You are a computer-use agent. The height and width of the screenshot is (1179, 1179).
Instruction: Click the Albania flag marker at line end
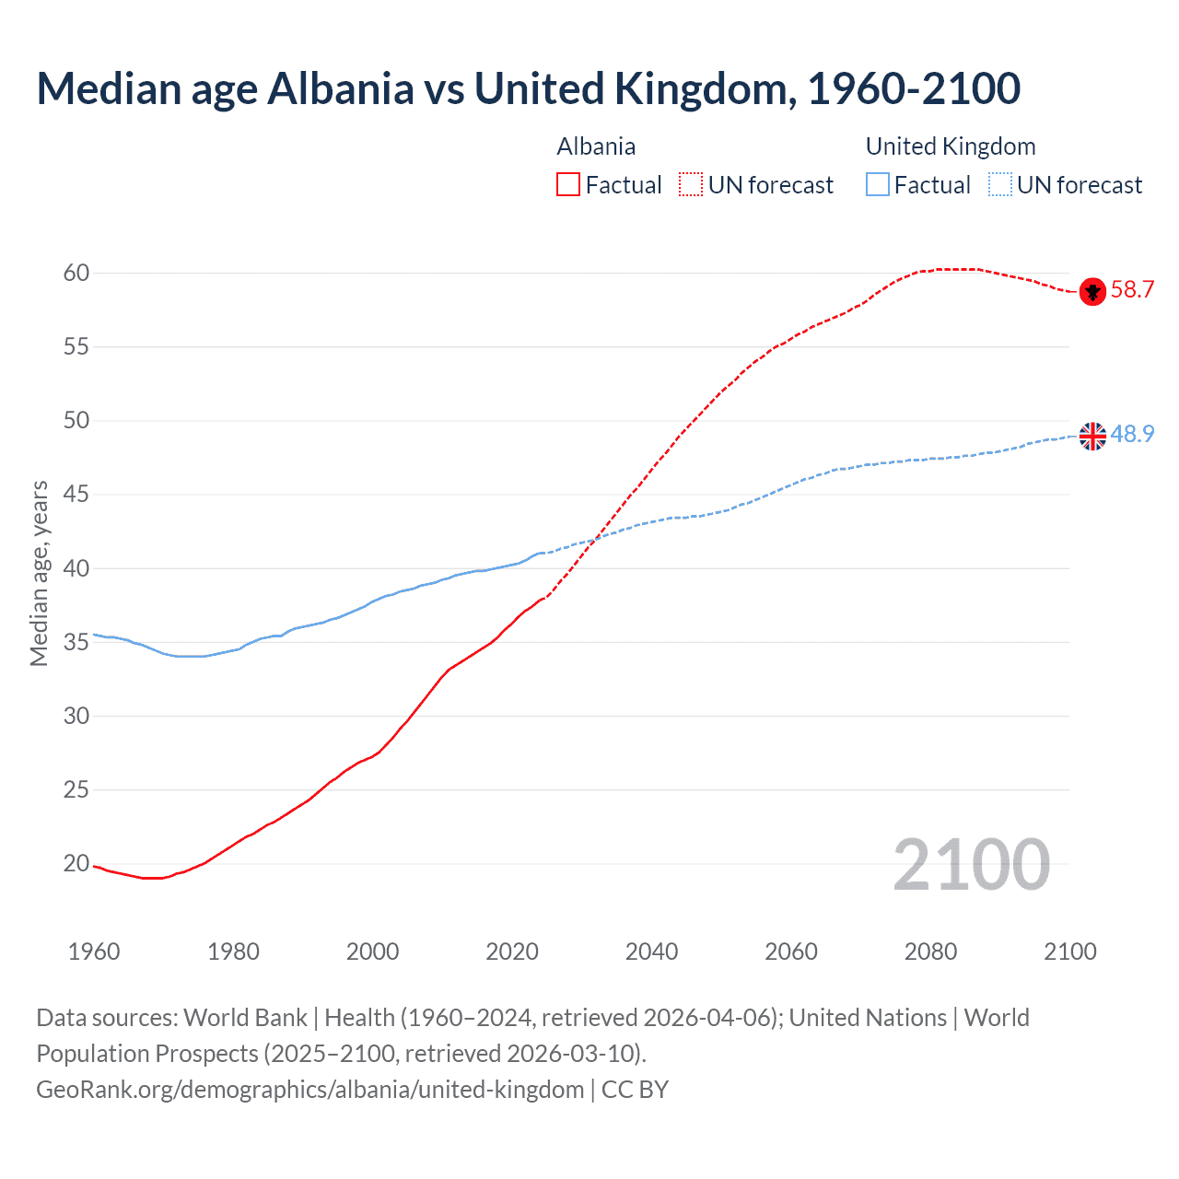coord(1092,291)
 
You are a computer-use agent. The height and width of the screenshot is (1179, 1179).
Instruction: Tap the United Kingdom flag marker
coord(1092,436)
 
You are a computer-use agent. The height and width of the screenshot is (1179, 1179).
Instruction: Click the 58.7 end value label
coord(1132,290)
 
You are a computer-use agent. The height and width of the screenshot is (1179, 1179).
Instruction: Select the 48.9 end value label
coord(1132,434)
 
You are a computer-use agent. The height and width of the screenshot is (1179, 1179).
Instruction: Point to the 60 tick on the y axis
coord(76,273)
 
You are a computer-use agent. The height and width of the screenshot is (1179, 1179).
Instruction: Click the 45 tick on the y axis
coord(76,495)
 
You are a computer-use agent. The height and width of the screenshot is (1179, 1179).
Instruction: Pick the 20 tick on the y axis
coord(76,863)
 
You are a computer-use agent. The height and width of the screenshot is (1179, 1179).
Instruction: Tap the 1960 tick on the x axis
coord(94,951)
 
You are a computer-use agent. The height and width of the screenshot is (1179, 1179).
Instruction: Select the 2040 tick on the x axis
coord(651,951)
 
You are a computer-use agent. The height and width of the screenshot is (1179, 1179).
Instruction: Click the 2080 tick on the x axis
coord(930,951)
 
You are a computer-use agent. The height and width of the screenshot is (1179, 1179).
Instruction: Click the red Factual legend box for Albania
coord(568,185)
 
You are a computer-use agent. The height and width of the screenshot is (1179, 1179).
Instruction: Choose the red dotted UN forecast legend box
coord(691,185)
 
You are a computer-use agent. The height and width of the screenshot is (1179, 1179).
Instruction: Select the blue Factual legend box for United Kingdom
coord(878,185)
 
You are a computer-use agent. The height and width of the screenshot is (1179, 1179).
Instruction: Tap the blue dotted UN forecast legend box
coord(999,185)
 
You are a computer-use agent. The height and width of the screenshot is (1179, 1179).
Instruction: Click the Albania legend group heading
coord(596,146)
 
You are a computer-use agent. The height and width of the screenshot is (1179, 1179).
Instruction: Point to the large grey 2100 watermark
coord(972,865)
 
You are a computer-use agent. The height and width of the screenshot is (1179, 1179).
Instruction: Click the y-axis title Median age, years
coord(39,573)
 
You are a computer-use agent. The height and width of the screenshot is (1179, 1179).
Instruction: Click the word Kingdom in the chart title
coord(701,88)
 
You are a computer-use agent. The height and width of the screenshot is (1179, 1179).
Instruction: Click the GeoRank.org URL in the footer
coord(310,1090)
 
